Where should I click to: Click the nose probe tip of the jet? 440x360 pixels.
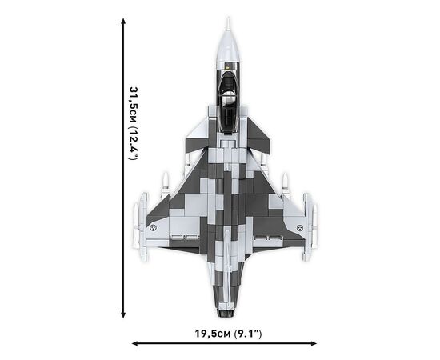click(229, 18)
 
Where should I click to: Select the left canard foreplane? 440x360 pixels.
click(198, 133)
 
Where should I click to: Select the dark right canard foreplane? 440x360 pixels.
click(258, 134)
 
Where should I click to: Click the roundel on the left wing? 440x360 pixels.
click(153, 228)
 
